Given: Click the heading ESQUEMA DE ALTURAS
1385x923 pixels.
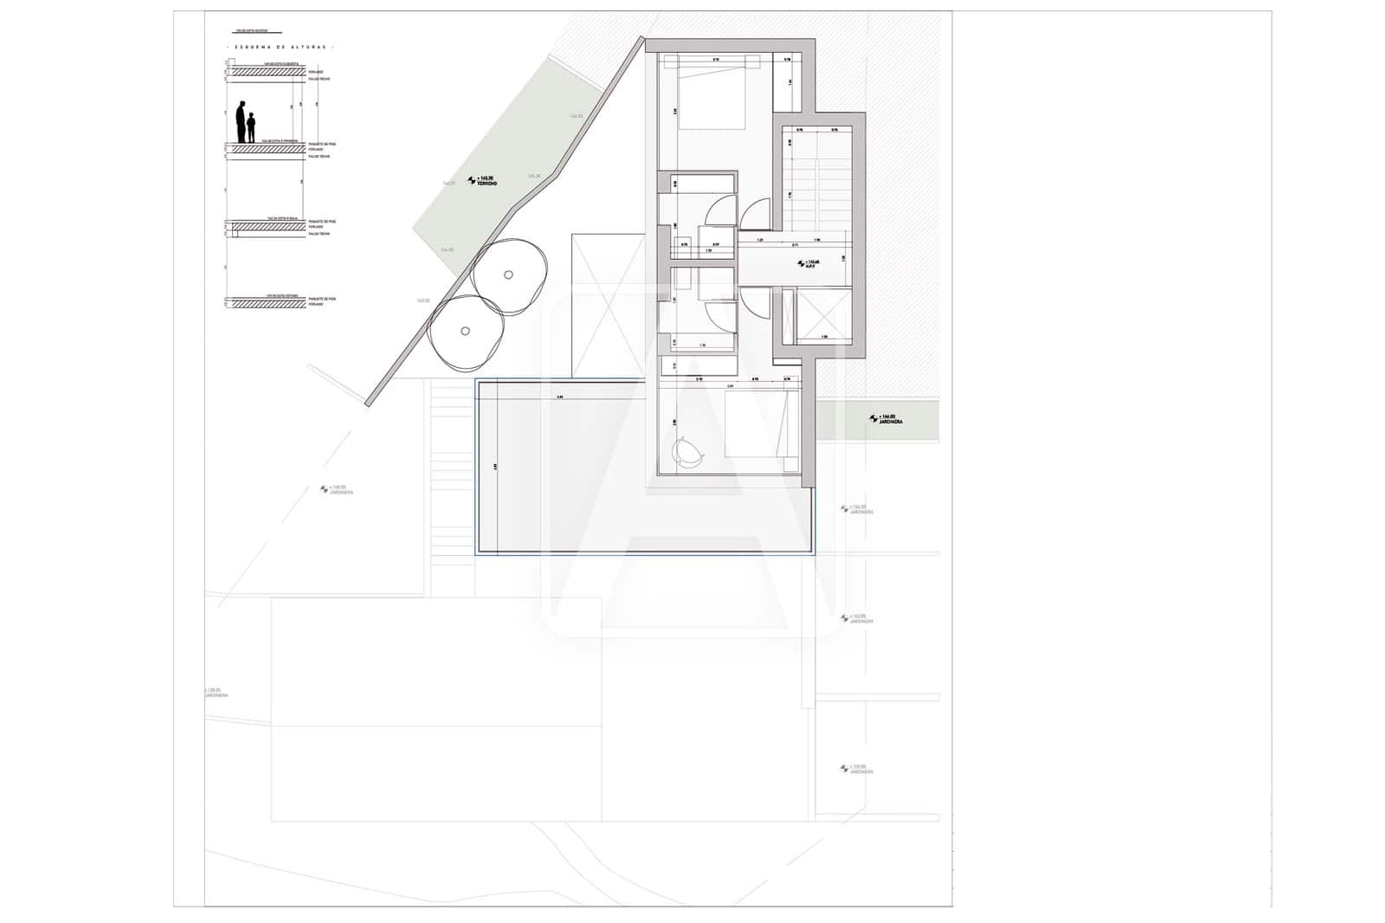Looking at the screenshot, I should (x=280, y=47).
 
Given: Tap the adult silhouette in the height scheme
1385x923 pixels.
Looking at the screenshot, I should (x=242, y=121).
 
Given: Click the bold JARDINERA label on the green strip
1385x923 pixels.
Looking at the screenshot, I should (x=886, y=419).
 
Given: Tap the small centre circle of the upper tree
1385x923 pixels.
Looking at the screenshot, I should (x=509, y=275).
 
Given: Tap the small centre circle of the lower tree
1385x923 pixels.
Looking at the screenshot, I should (x=466, y=330).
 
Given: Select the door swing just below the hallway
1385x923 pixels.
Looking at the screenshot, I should (x=754, y=304).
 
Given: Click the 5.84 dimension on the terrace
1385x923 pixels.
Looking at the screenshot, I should (x=560, y=398).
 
